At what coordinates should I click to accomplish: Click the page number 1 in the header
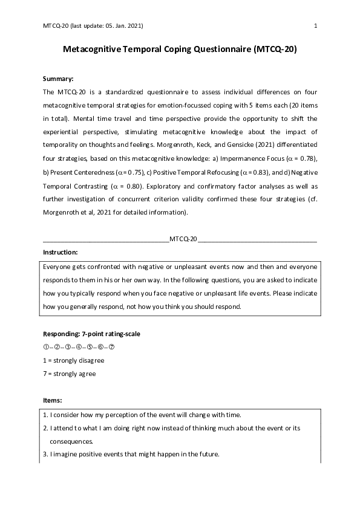tap(316, 26)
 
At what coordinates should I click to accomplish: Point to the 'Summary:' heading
tap(59, 79)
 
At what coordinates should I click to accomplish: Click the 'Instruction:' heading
tap(61, 253)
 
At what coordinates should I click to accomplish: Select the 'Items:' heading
tap(53, 400)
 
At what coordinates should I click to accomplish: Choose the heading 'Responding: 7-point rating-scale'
tap(92, 334)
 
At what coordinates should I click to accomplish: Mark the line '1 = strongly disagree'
tap(74, 360)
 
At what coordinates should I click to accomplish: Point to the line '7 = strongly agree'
tap(70, 374)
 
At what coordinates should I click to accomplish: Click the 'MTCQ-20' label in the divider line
tap(183, 239)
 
